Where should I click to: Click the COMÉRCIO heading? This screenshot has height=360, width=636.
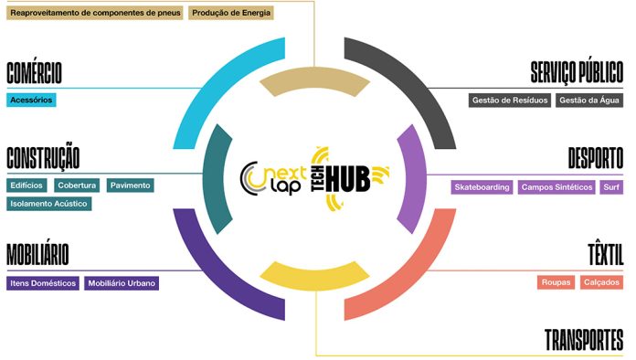click(x=34, y=73)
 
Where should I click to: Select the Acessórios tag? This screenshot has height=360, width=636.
click(x=31, y=101)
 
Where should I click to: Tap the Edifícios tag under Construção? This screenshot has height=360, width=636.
click(x=26, y=185)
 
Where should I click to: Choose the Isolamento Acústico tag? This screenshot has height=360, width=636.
click(x=48, y=204)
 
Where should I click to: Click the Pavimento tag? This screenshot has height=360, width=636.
click(x=130, y=185)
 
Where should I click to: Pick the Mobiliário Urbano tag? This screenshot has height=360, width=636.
click(x=122, y=283)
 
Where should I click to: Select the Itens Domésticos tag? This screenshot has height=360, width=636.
click(x=43, y=283)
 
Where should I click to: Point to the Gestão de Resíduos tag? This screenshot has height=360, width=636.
click(x=510, y=101)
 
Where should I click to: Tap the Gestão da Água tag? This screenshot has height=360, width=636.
click(x=589, y=101)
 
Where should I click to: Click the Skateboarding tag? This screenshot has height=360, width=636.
click(x=482, y=187)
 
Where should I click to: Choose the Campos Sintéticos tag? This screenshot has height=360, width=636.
click(x=556, y=187)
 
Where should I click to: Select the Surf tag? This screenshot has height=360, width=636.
click(x=611, y=187)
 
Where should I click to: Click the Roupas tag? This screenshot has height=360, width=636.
click(x=556, y=282)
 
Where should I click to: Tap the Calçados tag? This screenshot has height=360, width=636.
click(x=601, y=282)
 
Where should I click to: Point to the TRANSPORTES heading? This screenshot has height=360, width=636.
click(x=584, y=340)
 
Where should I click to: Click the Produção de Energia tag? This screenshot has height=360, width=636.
click(x=231, y=13)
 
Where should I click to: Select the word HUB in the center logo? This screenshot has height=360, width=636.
click(x=348, y=179)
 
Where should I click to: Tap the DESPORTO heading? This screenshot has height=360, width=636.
click(x=596, y=158)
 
